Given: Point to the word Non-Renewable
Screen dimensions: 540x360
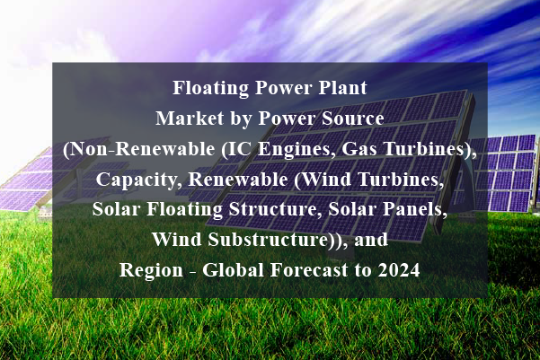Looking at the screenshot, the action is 142,149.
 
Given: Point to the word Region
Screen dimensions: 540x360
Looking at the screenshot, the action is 151,270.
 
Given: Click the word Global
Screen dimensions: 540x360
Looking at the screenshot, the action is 233,269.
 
